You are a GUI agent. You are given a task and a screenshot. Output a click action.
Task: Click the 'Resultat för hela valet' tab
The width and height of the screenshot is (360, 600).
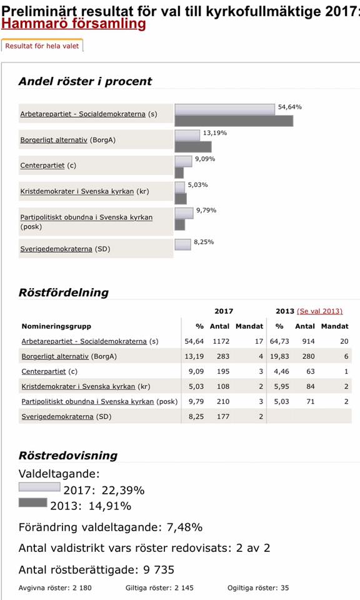[42, 46]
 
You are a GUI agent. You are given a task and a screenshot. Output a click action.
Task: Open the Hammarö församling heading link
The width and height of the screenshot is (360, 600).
[74, 24]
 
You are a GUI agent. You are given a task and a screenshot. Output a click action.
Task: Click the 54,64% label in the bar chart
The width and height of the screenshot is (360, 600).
[289, 107]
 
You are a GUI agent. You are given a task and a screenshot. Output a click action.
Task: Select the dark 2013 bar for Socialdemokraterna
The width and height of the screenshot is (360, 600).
[234, 121]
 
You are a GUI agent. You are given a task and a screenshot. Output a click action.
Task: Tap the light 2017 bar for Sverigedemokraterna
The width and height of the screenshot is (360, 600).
[183, 244]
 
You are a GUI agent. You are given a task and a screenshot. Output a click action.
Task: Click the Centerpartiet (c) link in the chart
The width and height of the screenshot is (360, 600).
[48, 165]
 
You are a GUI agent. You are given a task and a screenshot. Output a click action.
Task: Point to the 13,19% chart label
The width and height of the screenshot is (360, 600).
[214, 133]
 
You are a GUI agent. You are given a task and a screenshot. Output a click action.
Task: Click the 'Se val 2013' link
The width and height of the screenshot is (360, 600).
[320, 311]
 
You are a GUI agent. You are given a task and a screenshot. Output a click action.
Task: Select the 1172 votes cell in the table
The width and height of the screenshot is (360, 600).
[221, 341]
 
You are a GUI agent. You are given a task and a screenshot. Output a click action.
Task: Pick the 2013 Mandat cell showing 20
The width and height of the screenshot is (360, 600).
[344, 341]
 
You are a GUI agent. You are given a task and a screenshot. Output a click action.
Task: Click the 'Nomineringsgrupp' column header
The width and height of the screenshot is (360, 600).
[56, 326]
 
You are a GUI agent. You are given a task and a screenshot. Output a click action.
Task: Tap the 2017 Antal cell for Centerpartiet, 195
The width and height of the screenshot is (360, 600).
[223, 371]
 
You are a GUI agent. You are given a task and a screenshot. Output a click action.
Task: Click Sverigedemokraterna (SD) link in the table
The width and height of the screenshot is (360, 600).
[66, 417]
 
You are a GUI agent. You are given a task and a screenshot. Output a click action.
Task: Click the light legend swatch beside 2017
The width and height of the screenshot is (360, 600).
[39, 487]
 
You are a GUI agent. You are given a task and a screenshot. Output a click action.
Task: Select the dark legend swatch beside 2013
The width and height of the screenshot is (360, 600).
[33, 502]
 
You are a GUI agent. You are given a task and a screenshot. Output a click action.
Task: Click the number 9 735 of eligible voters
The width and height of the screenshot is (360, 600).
[159, 570]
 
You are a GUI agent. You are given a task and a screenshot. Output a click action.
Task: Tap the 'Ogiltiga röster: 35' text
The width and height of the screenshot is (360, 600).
[258, 587]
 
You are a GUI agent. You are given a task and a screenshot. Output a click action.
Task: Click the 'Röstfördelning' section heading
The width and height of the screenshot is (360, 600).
[64, 292]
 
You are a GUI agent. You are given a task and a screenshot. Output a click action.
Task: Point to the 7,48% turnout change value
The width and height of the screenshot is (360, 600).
[184, 527]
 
